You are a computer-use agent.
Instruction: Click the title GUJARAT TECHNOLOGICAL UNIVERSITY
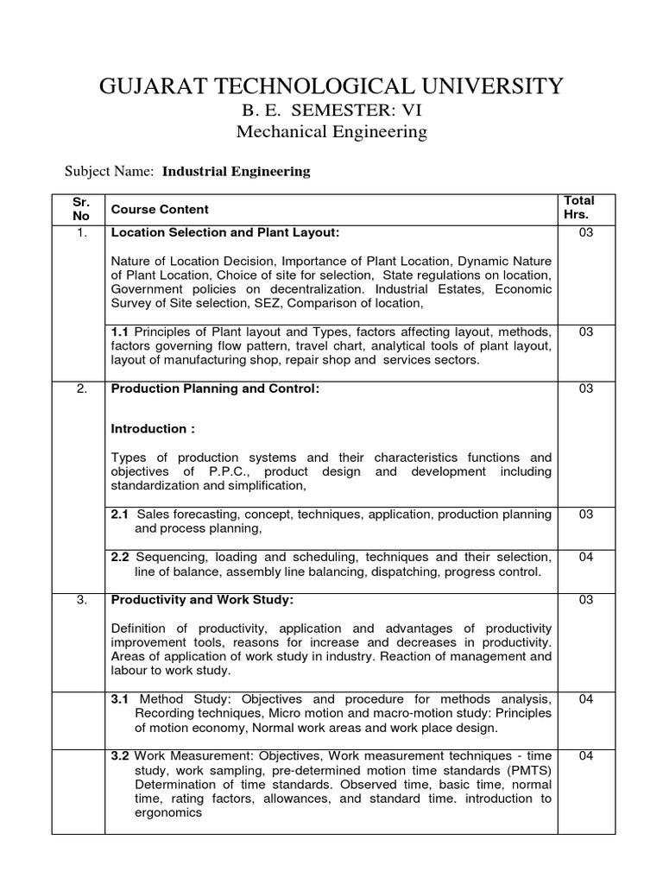tap(331, 85)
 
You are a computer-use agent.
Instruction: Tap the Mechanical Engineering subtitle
tap(331, 132)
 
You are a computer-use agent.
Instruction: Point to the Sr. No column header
tap(79, 209)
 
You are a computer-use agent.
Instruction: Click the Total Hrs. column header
tap(578, 207)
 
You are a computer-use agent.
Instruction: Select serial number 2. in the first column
tap(81, 388)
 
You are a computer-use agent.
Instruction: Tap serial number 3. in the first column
tap(81, 601)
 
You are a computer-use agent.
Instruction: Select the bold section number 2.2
tap(121, 557)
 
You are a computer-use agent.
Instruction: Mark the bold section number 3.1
tap(121, 698)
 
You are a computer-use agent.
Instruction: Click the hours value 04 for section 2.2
tap(586, 557)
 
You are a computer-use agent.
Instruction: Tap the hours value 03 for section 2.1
tap(586, 515)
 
